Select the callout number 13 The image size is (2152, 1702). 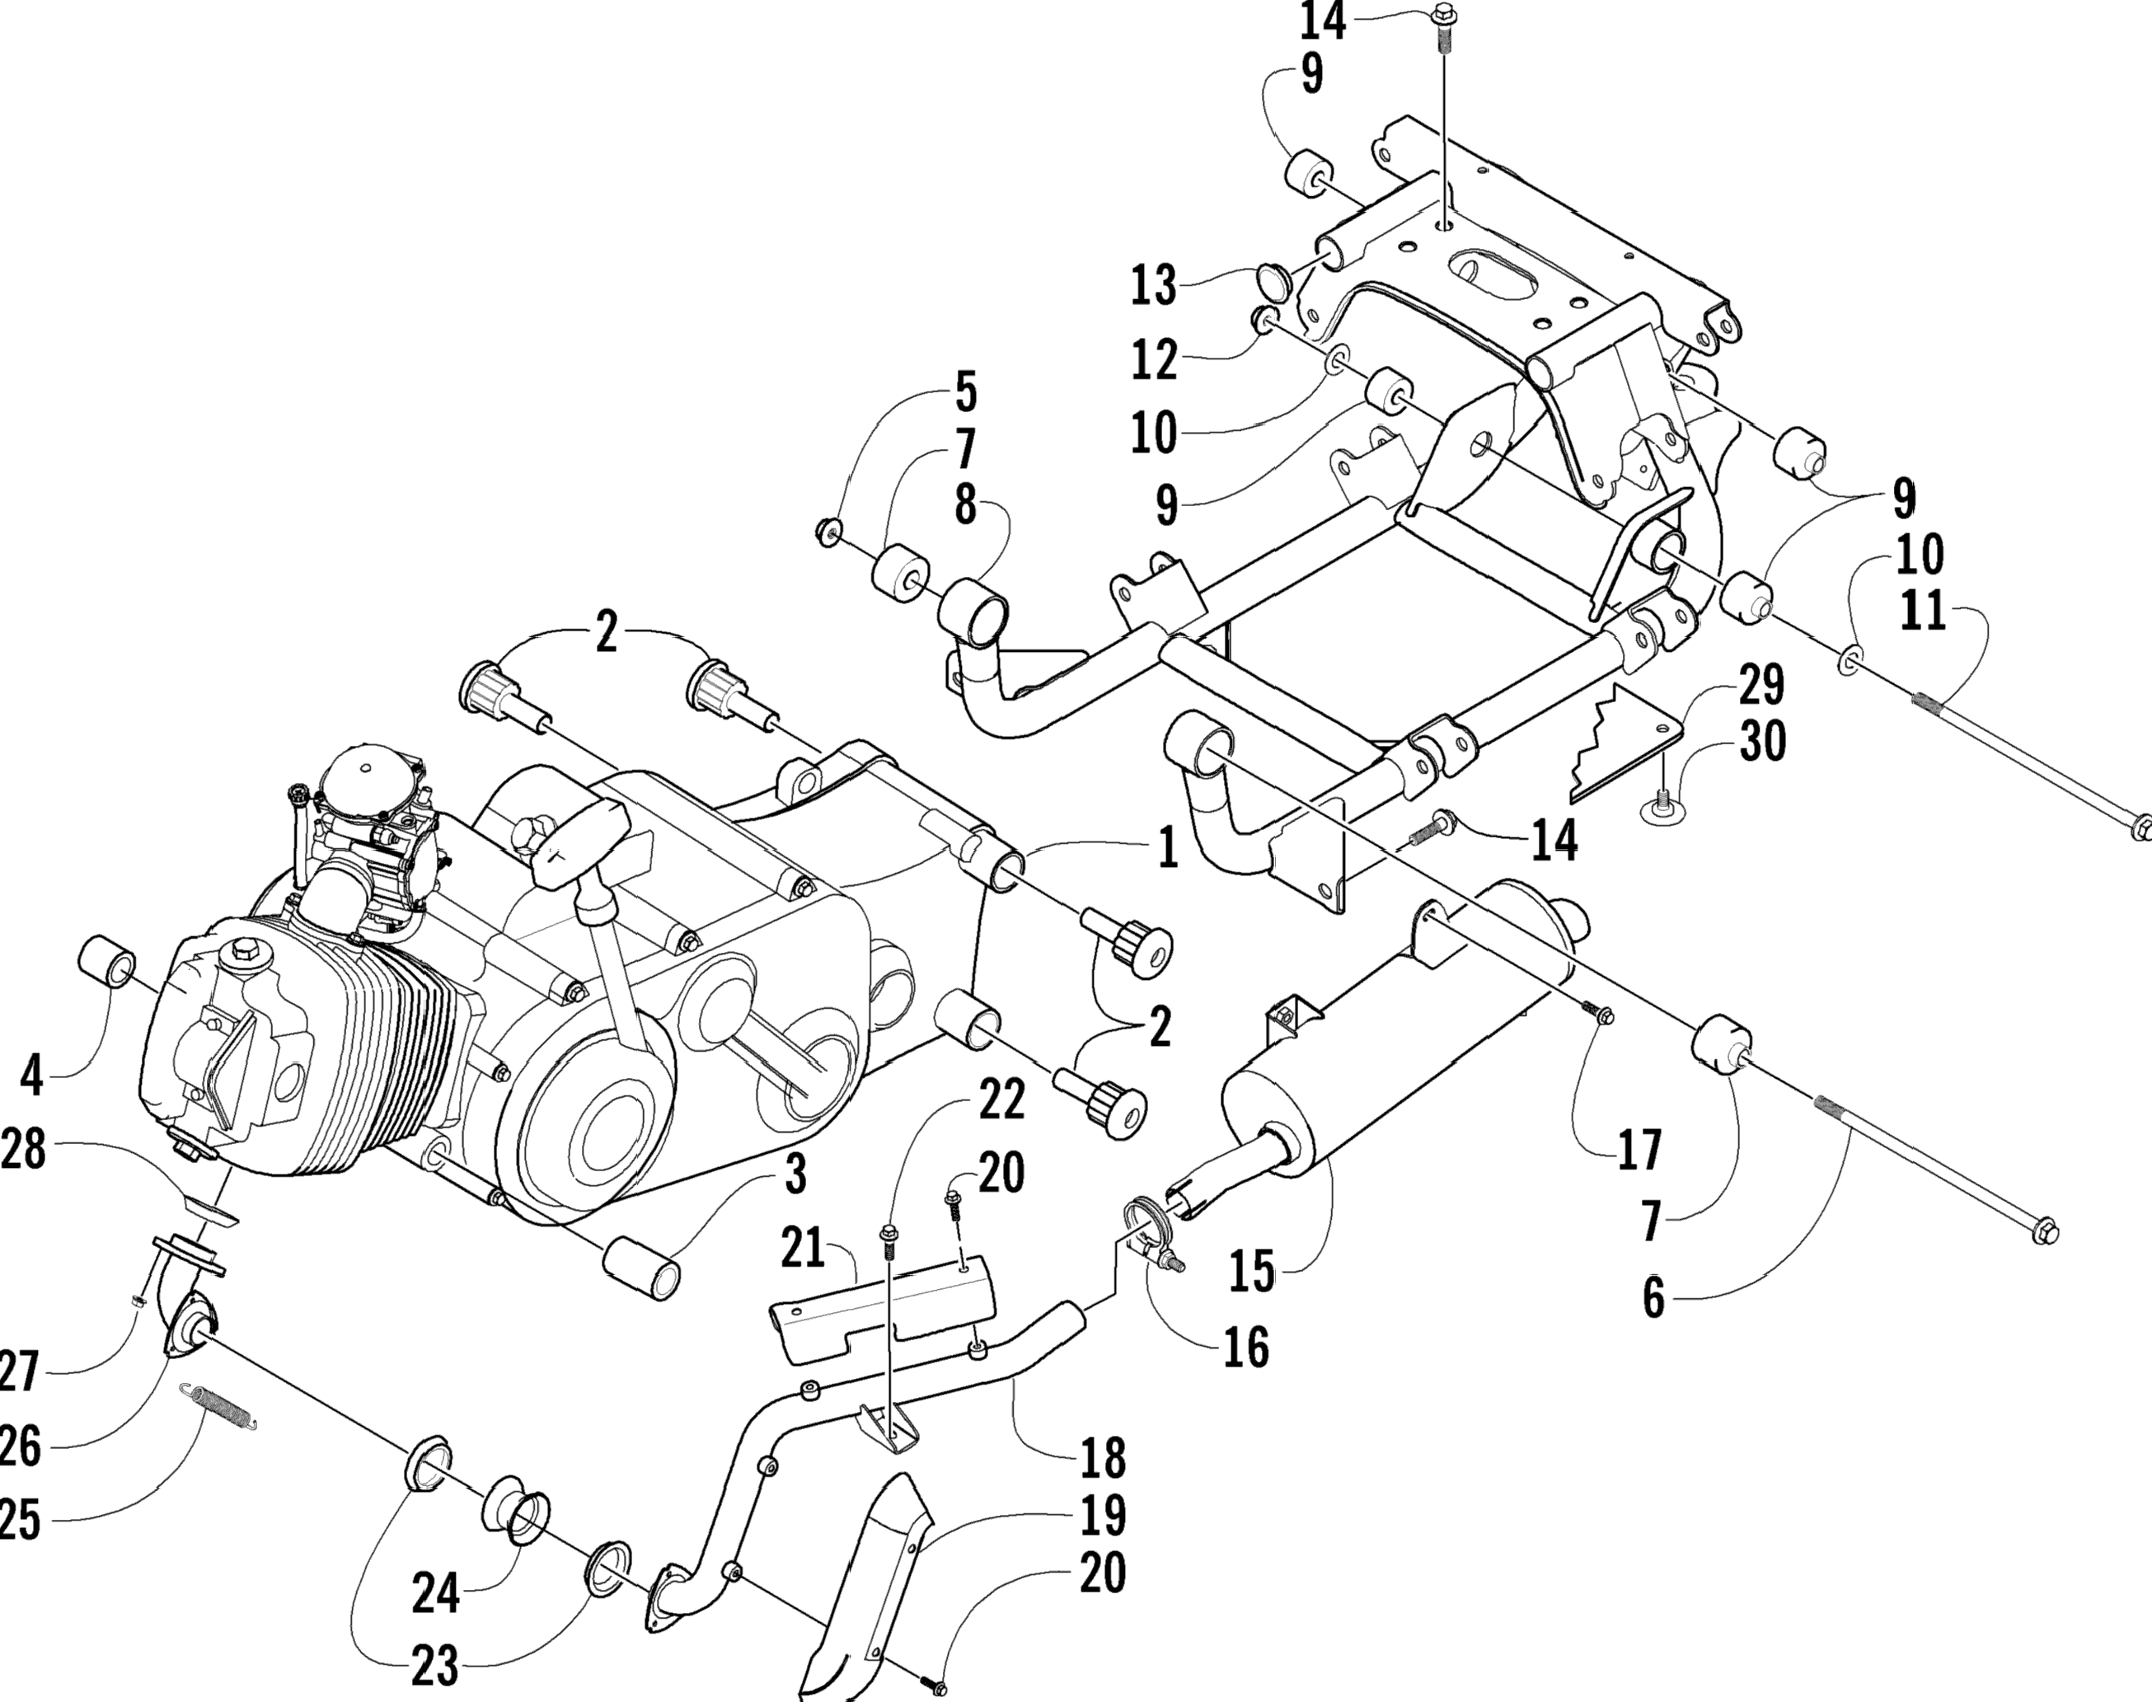pyautogui.click(x=1154, y=286)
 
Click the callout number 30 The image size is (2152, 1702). pyautogui.click(x=1761, y=743)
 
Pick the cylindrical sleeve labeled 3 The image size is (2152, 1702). pyautogui.click(x=643, y=1267)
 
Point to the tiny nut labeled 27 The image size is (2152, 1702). pyautogui.click(x=140, y=1298)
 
